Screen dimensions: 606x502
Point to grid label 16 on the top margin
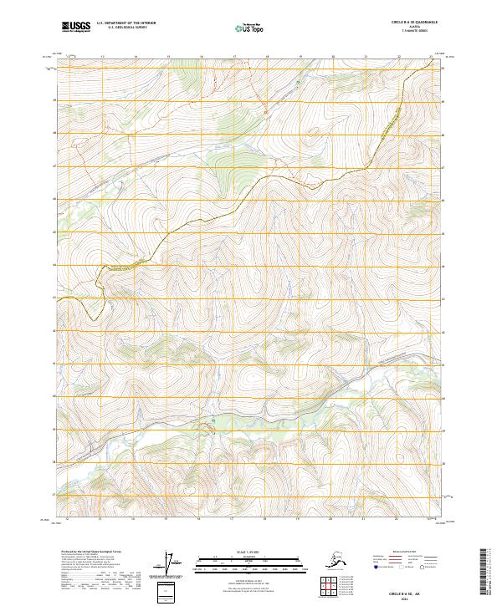(x=202, y=57)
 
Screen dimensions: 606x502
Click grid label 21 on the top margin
(x=366, y=57)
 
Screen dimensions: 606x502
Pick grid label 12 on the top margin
(x=69, y=57)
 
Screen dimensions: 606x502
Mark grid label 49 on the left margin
(x=55, y=100)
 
